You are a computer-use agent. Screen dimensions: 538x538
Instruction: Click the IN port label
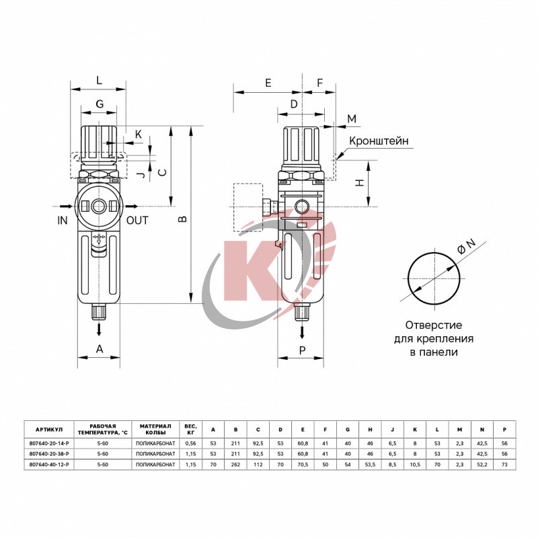click(63, 220)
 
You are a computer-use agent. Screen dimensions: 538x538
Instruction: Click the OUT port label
click(137, 220)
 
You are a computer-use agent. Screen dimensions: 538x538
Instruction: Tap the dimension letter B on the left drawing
click(181, 219)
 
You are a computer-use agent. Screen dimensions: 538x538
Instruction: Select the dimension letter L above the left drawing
click(99, 80)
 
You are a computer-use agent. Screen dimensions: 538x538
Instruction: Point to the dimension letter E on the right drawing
click(268, 83)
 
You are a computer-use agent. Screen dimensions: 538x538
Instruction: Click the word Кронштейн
click(379, 141)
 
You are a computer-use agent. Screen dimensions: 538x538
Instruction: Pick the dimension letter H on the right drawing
click(360, 183)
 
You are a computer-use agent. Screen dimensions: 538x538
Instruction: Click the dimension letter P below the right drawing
click(302, 349)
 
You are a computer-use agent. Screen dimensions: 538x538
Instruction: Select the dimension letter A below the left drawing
click(100, 348)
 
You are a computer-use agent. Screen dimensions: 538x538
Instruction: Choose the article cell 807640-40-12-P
click(48, 465)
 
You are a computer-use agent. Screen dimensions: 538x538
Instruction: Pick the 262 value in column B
click(235, 465)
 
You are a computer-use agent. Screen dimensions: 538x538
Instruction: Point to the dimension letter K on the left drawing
click(138, 134)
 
